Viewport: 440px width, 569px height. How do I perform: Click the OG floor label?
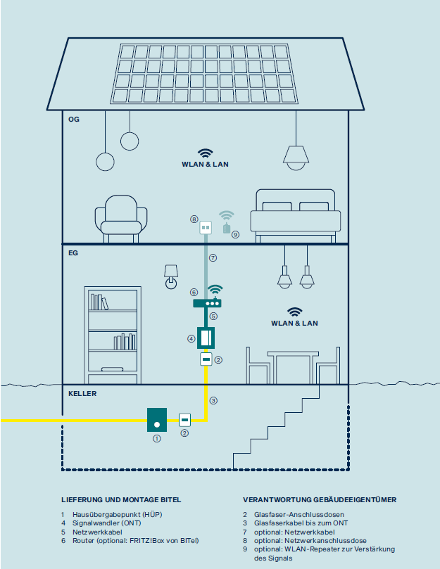tap(74, 120)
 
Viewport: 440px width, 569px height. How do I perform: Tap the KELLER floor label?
tap(82, 394)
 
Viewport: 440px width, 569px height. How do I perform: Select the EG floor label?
tap(73, 251)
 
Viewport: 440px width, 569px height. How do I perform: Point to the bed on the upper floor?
tap(298, 212)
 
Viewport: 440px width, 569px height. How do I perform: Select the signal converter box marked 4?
tap(206, 338)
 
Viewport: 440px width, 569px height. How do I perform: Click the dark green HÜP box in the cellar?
tap(157, 419)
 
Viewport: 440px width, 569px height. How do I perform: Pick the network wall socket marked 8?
tap(206, 227)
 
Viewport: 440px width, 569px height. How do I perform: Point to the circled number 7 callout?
tap(213, 258)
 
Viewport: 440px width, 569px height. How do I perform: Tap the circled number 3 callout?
tap(213, 401)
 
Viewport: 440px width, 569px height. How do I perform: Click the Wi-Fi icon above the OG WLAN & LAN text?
tap(205, 153)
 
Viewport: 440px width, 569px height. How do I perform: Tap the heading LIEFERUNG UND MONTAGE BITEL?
tap(121, 499)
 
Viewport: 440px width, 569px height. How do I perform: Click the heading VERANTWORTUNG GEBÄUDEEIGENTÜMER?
tap(320, 499)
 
